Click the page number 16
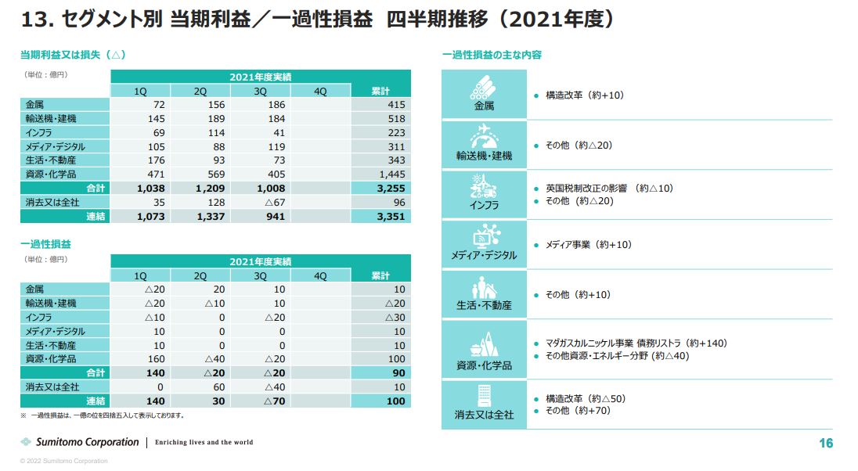(x=826, y=444)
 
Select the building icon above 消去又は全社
(x=483, y=395)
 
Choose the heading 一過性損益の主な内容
(x=492, y=55)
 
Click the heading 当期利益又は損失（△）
(x=73, y=55)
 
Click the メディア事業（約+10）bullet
(x=588, y=245)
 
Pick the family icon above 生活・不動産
(x=483, y=286)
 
